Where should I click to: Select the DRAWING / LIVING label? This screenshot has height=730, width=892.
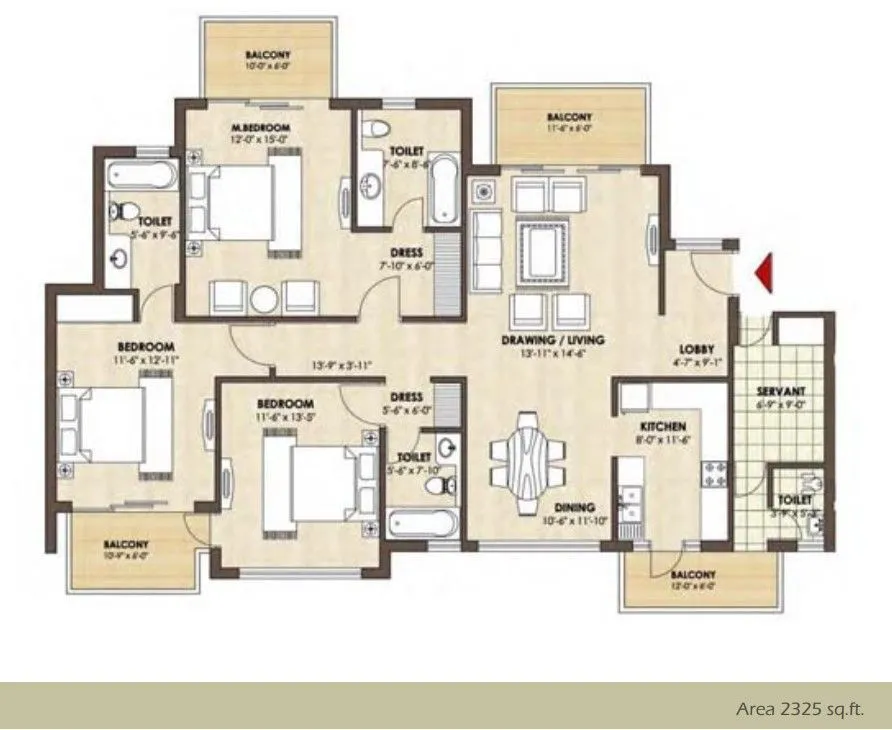(553, 340)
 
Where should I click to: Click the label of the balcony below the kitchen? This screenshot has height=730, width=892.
(693, 575)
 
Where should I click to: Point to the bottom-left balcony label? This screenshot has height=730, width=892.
(126, 545)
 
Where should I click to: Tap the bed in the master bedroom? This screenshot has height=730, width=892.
(245, 203)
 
